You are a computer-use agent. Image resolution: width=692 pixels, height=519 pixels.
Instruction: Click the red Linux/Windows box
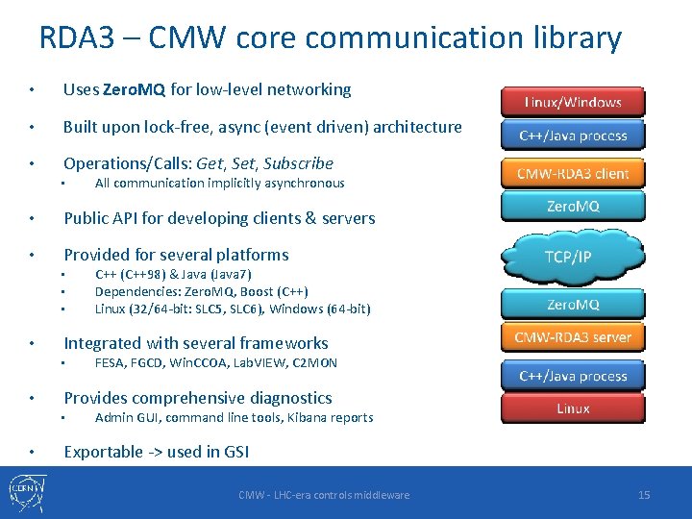point(573,102)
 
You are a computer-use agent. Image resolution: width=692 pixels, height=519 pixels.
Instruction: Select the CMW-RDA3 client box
point(573,173)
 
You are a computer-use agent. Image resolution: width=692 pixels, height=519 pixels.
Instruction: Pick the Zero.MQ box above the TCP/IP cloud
point(573,206)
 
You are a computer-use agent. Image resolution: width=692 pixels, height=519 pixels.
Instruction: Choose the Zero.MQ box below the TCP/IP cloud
point(573,304)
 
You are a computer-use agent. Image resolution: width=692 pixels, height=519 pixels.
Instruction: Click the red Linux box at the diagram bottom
point(573,408)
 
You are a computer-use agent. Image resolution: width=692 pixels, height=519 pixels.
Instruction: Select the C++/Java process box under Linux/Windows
point(573,136)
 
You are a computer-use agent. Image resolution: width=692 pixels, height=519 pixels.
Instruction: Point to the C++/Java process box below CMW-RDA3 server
point(573,376)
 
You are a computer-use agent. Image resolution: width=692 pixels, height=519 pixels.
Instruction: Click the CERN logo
point(23,491)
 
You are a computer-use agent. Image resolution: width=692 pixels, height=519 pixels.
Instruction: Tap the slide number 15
point(644,494)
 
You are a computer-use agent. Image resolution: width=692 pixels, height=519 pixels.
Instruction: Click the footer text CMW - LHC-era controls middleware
point(324,495)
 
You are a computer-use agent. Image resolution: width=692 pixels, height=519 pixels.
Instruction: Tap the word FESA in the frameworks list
point(111,363)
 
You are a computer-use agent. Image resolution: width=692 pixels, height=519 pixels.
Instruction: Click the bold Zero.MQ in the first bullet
point(134,89)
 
